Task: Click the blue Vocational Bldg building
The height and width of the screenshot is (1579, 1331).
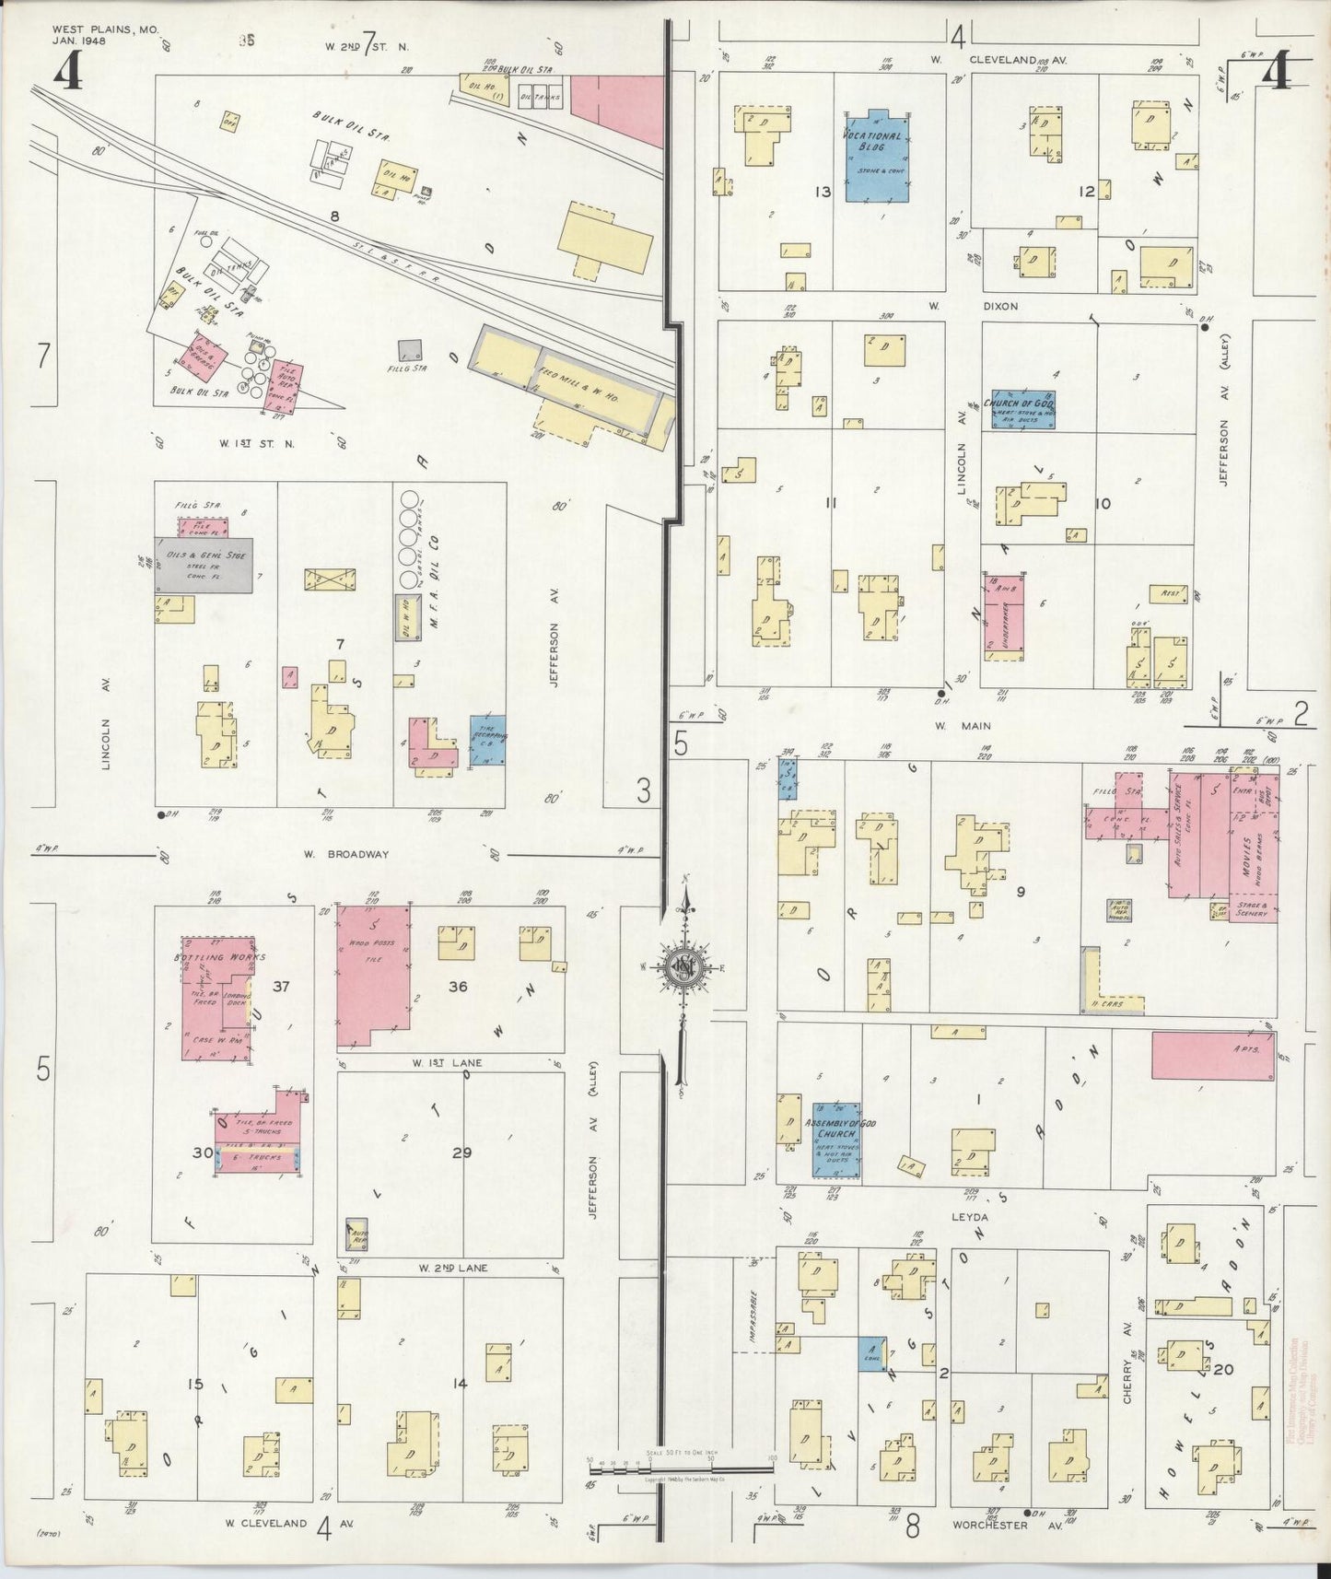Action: click(x=875, y=158)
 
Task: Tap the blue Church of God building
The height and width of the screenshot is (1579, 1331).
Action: click(x=1020, y=409)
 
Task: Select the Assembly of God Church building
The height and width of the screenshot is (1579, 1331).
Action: click(x=836, y=1140)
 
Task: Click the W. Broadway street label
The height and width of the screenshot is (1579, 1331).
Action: click(x=345, y=854)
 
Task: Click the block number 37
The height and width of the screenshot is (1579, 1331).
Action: click(x=282, y=987)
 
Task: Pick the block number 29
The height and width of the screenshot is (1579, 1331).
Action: click(x=461, y=1152)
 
